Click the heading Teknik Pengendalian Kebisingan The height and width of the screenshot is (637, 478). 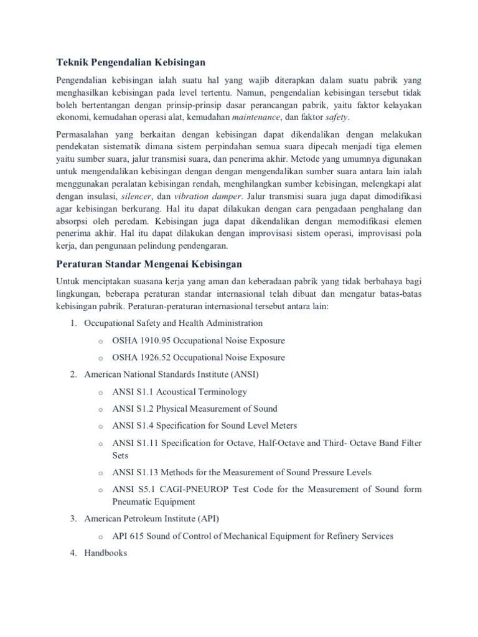click(131, 62)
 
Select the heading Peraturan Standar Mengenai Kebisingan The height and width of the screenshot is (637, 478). click(149, 264)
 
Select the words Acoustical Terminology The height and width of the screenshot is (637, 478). click(202, 392)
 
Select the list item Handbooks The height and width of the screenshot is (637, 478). click(105, 552)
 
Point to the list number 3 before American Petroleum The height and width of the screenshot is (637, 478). click(73, 518)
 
